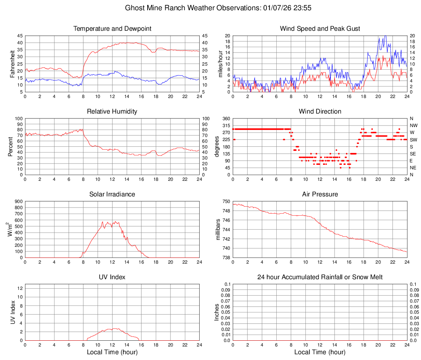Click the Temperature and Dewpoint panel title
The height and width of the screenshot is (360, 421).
(112, 29)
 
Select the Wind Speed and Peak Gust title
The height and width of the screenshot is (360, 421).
(320, 29)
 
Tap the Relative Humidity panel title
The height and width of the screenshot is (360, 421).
(112, 112)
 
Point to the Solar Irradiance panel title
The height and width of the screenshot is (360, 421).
(112, 194)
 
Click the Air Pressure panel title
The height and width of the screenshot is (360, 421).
(320, 194)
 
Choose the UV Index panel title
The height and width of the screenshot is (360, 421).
(112, 277)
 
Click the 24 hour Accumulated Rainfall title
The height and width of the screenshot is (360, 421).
(320, 277)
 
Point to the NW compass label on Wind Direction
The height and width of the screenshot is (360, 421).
(413, 125)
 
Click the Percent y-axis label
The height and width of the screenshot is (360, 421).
(10, 146)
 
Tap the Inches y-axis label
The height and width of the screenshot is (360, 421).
(217, 312)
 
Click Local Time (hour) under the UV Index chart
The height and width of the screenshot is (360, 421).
(112, 352)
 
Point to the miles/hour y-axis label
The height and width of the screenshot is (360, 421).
(220, 64)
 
